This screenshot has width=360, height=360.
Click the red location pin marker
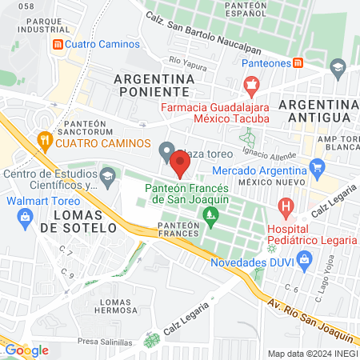pyautogui.click(x=180, y=163)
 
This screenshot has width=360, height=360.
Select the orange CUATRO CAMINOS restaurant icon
pyautogui.click(x=45, y=142)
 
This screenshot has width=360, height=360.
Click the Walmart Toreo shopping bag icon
pyautogui.click(x=26, y=215)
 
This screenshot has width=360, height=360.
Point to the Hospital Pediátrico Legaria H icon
pyautogui.click(x=286, y=209)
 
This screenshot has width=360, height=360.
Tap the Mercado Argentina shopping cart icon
pyautogui.click(x=318, y=168)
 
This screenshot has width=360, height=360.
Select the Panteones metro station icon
pyautogui.click(x=298, y=62)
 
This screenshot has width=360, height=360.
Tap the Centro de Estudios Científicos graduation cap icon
pyautogui.click(x=107, y=174)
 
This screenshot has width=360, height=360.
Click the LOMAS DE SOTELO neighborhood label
pyautogui.click(x=79, y=222)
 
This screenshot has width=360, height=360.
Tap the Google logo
pyautogui.click(x=26, y=350)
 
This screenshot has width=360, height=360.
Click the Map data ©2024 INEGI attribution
pyautogui.click(x=311, y=354)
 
